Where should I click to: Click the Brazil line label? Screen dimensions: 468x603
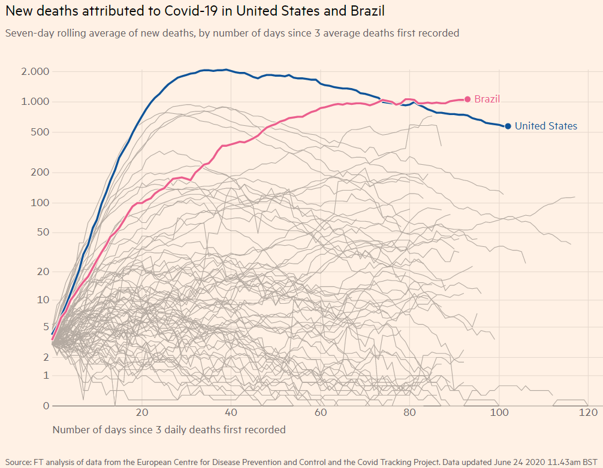pos(487,99)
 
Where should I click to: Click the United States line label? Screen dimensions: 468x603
pos(545,126)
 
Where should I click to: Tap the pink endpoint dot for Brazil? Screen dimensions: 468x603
pos(468,99)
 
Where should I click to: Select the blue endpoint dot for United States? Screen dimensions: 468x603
pos(508,126)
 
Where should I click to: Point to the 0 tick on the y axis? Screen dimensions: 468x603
pos(46,406)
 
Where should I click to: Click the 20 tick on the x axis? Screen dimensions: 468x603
pos(142,413)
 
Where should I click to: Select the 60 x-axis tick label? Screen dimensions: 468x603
pos(321,413)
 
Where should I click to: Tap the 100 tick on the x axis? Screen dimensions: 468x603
pos(499,413)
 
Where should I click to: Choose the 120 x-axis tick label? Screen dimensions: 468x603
pos(588,413)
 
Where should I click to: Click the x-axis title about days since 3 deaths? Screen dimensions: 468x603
pos(169,430)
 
